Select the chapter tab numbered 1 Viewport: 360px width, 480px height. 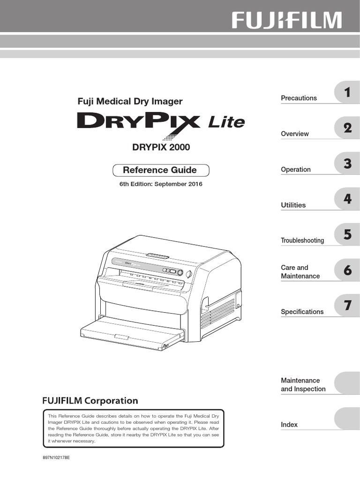347,92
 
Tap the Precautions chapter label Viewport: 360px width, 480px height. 299,98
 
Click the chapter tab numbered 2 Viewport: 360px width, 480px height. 347,128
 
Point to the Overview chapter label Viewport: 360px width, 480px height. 295,134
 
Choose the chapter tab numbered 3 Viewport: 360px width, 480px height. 347,164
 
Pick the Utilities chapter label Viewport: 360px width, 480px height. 293,205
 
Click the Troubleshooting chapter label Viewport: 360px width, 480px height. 302,240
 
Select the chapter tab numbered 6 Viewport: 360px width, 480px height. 347,270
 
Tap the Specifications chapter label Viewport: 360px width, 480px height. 302,312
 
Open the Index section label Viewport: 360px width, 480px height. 289,425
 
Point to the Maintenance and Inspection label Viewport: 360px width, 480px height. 303,385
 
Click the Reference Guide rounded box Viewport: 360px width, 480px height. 160,170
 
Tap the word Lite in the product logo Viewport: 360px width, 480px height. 226,123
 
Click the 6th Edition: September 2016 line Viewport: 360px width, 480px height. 161,184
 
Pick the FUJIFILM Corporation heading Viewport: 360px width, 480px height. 90,401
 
